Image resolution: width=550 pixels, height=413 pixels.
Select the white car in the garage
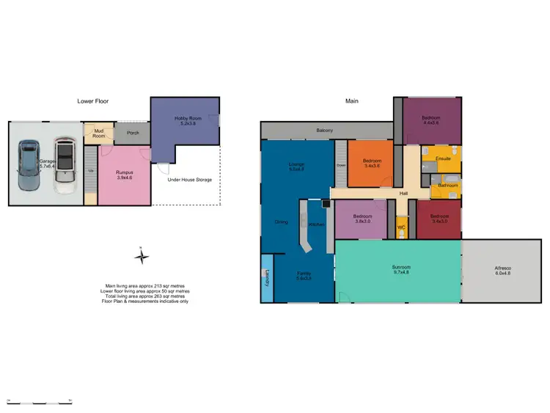pos(65,166)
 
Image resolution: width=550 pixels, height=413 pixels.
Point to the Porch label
pos(133,133)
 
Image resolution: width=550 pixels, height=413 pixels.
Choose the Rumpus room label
pos(124,175)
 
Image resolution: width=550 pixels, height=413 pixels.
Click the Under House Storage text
pos(190,179)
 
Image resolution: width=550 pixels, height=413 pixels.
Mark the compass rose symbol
pos(143,257)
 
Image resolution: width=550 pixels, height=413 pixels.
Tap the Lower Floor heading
pos(93,101)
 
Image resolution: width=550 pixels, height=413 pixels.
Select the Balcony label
pos(325,131)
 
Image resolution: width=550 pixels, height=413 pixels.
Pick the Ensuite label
pos(443,158)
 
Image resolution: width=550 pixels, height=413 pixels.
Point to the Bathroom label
pos(447,186)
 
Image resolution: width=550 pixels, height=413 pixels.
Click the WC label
pos(401,227)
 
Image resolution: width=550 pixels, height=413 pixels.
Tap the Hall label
pos(403,194)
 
